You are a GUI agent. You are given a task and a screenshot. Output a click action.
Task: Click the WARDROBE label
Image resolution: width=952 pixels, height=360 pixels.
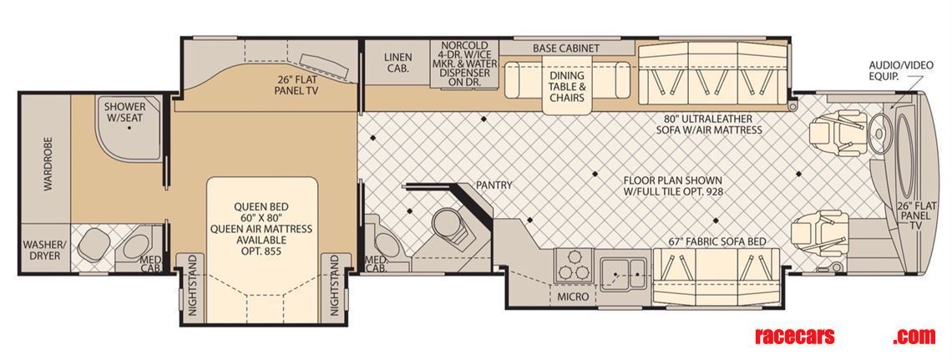pyautogui.click(x=48, y=164)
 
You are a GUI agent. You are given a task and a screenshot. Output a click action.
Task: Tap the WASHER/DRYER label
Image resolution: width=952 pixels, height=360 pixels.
pyautogui.click(x=42, y=250)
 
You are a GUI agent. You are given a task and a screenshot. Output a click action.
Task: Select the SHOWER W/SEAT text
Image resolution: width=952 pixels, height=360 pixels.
pyautogui.click(x=124, y=112)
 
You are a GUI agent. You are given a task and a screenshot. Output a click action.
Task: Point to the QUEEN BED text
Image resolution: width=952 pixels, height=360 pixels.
pyautogui.click(x=261, y=206)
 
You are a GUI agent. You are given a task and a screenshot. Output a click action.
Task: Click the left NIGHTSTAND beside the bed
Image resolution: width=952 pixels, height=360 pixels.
pyautogui.click(x=193, y=286)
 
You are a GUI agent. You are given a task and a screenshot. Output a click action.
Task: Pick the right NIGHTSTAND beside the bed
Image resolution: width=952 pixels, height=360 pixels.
pyautogui.click(x=334, y=286)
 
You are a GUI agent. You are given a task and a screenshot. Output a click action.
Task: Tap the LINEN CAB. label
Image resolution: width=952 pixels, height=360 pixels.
pyautogui.click(x=398, y=63)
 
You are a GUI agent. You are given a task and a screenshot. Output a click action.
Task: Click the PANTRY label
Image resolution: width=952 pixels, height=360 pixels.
pyautogui.click(x=494, y=185)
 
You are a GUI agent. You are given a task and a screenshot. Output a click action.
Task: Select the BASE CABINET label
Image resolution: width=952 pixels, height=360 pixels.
pyautogui.click(x=566, y=48)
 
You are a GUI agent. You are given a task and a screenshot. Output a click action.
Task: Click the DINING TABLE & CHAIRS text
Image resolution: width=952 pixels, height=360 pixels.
pyautogui.click(x=567, y=87)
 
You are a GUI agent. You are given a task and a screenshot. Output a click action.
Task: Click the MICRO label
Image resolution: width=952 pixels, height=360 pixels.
pyautogui.click(x=573, y=297)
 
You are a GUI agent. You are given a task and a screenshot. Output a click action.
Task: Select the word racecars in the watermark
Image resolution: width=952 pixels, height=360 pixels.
pyautogui.click(x=795, y=336)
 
